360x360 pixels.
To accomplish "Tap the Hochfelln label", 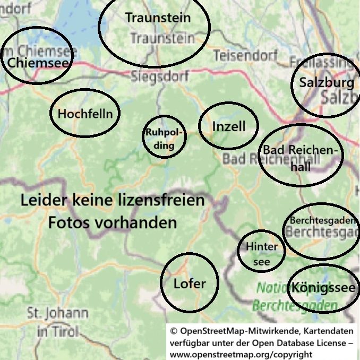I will (85, 114).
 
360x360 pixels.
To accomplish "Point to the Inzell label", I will (229, 126).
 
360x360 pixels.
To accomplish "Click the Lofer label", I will (190, 284).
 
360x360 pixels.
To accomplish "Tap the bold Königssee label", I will (323, 288).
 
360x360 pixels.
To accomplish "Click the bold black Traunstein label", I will (158, 18).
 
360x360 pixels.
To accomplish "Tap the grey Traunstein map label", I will (162, 39).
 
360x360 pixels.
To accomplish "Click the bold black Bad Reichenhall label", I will (300, 158).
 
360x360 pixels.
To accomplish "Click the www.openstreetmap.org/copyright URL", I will (241, 354).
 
